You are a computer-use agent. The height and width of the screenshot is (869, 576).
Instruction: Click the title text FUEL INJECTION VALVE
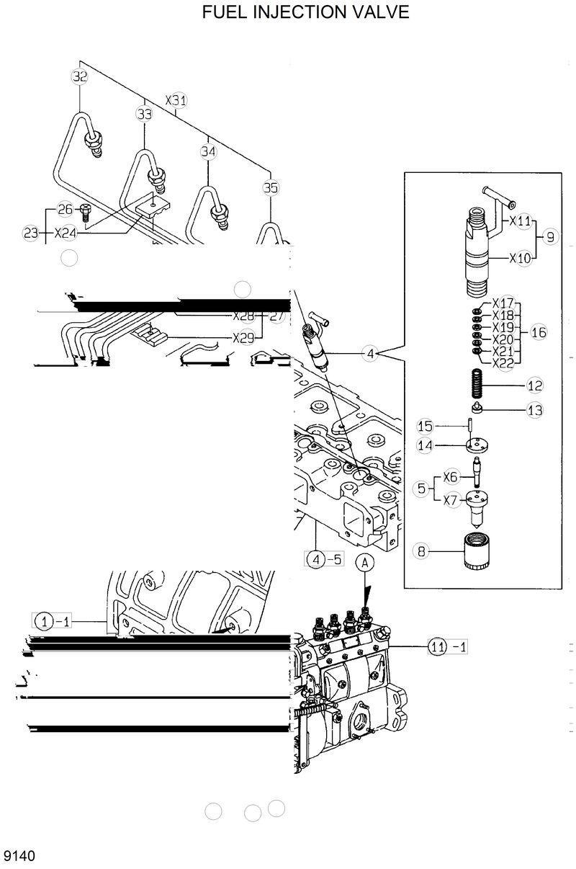305,12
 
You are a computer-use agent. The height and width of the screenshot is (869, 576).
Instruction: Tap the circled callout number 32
79,76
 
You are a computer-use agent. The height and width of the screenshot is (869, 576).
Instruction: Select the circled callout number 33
145,114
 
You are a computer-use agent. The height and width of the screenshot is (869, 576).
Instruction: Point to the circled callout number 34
208,151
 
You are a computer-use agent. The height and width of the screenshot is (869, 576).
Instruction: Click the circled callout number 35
270,188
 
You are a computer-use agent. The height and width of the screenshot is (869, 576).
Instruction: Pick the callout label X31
176,101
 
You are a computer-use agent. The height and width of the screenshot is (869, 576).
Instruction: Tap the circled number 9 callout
551,236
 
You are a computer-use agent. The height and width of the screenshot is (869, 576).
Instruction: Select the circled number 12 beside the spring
534,386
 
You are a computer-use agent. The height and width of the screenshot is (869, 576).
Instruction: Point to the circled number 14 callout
426,445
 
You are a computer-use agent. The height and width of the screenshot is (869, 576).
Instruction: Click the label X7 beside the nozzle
451,499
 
